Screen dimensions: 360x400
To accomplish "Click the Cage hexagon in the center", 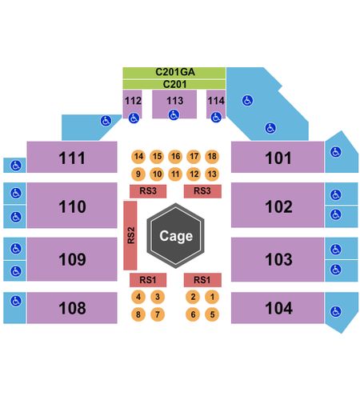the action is click(x=175, y=236).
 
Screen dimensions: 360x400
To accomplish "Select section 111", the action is click(x=72, y=157).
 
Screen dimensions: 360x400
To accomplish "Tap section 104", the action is click(x=278, y=308).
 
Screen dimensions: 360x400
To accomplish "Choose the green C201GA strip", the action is click(x=174, y=73).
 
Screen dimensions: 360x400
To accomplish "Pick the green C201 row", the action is click(x=174, y=84).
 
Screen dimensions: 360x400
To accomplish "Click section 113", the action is click(x=174, y=104).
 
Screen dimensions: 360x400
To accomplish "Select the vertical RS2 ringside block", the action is click(x=130, y=235).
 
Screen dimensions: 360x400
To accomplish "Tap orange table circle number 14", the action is click(x=138, y=156).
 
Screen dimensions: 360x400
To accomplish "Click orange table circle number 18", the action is click(x=212, y=156).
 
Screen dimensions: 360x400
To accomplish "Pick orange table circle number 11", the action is click(x=175, y=174).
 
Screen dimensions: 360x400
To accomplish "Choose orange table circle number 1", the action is click(x=212, y=297).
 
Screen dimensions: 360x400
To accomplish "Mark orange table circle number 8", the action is click(x=138, y=314).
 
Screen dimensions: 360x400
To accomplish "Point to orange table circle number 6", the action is click(x=193, y=314).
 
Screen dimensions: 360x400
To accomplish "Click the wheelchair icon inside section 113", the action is click(x=174, y=115).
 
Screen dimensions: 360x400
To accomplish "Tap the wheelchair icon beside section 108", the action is click(x=16, y=301).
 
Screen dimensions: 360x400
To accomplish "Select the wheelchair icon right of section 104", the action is click(x=335, y=311).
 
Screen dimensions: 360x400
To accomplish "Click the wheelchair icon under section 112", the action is click(x=134, y=118).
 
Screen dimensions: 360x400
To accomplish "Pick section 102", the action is click(x=278, y=205).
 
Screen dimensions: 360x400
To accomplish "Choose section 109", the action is click(x=72, y=259).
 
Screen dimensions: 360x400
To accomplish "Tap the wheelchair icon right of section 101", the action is click(x=335, y=152).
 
